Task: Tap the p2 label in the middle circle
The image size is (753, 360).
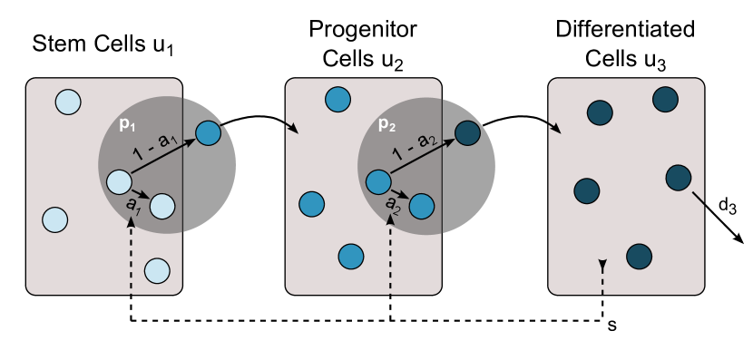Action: coord(386,125)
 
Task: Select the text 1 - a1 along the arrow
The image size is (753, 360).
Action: coord(153,146)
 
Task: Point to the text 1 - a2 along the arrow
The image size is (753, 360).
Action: coord(414,146)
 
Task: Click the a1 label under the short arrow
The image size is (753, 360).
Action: coord(133,205)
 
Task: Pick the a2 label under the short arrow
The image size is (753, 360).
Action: coord(393,204)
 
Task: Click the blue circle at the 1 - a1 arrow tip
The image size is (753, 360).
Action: coord(209,133)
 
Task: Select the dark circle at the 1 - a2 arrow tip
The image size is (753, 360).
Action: coord(467,133)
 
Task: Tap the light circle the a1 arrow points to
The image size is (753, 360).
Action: coord(162,206)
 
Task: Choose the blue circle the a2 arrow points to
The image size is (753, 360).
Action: coord(422,206)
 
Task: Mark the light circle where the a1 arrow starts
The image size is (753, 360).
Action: coord(120,181)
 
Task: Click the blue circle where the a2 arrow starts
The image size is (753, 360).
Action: coord(378,181)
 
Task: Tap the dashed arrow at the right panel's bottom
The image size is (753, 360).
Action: coord(602,277)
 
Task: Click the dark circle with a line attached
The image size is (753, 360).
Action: coord(679,178)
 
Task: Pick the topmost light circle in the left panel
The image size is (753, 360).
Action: coord(68,102)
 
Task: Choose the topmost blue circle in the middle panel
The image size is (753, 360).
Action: coord(337,99)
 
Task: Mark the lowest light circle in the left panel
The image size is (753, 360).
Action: coord(157,270)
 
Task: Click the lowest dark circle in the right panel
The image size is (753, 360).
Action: coord(639,257)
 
